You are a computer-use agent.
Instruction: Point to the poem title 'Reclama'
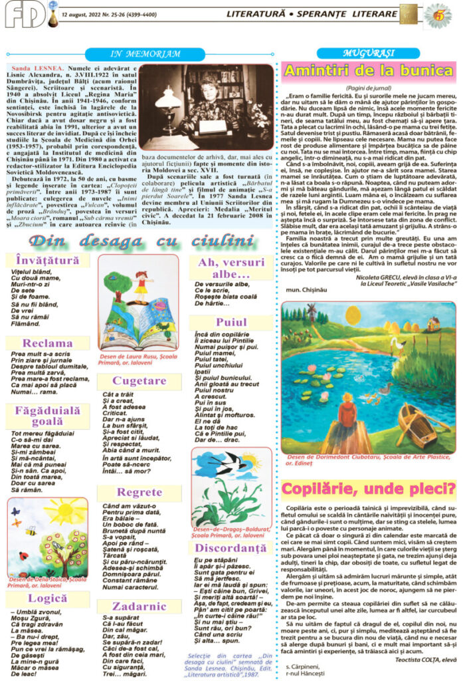coord(48,343)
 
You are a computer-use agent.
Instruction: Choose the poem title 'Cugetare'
coord(139,381)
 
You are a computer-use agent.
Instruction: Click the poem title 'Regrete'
coord(139,492)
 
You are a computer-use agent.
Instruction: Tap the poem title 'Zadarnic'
coord(139,606)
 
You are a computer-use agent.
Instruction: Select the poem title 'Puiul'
coord(231,322)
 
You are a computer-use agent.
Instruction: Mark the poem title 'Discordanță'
coord(231,549)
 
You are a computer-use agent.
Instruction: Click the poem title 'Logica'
coord(48,599)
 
